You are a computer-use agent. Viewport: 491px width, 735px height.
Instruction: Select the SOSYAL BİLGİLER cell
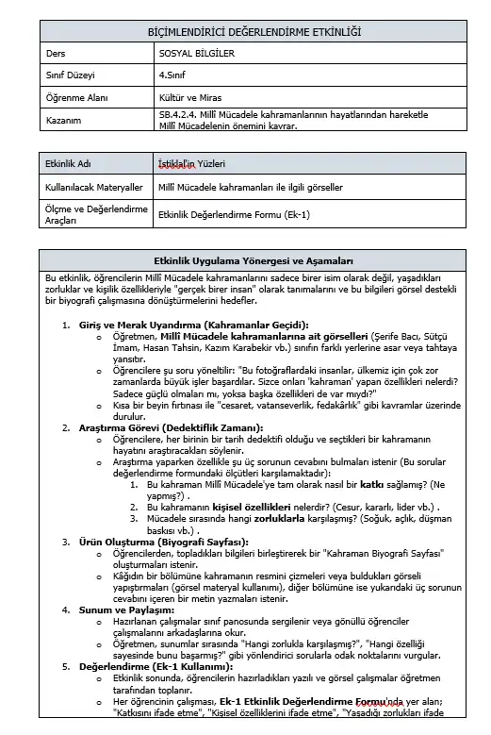pos(196,53)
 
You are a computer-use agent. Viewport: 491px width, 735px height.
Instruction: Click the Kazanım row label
pos(65,120)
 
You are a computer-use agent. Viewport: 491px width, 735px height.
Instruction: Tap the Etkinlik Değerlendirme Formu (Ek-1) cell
pos(234,215)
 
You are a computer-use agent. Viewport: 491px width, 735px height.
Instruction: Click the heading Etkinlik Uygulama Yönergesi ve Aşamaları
pos(254,259)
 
